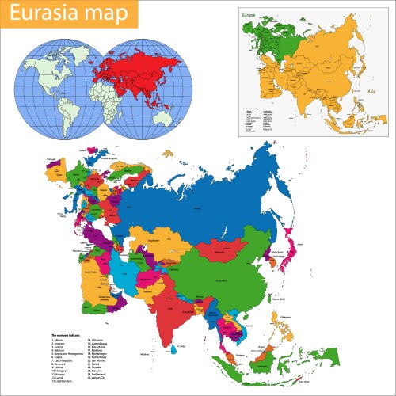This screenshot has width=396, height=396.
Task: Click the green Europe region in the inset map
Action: (273, 40)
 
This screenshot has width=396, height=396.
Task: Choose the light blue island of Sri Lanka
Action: (172, 349)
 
